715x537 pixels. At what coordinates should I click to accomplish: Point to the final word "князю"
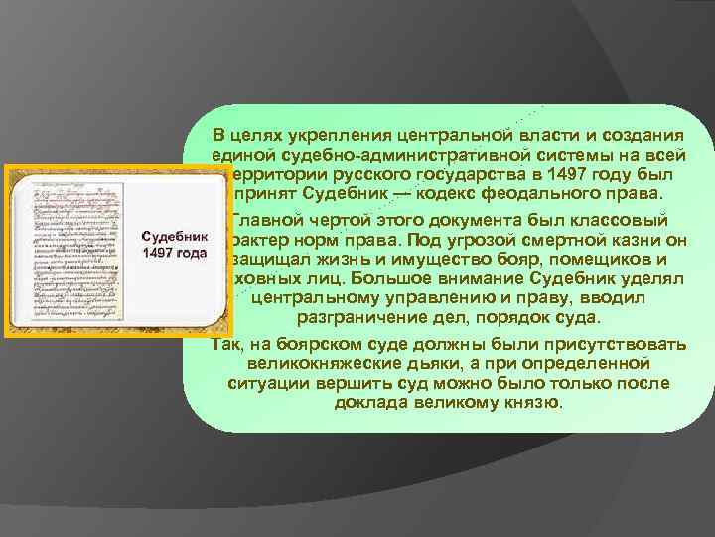536,403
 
